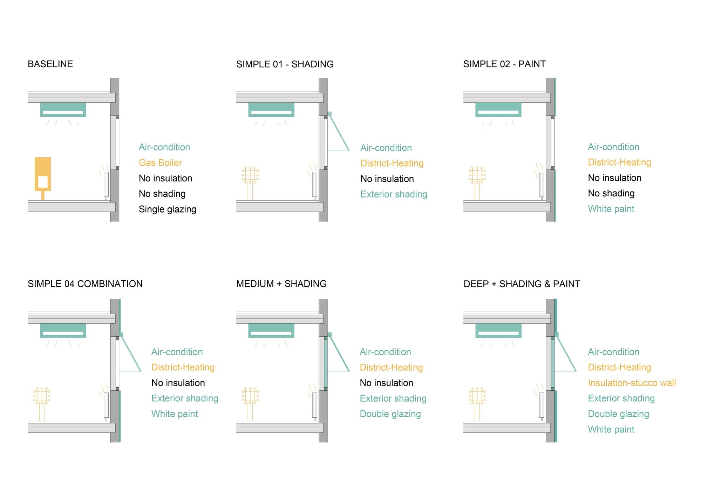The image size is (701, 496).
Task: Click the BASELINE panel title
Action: [x=50, y=64]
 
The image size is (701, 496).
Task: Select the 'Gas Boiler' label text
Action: [x=160, y=163]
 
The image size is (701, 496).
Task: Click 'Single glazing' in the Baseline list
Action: [x=167, y=209]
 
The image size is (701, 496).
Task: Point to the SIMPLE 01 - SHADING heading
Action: [x=285, y=64]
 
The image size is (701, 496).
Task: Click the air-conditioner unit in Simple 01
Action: [x=271, y=109]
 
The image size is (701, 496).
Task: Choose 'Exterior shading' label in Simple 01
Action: [x=394, y=194]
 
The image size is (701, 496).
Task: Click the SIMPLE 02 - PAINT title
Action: [x=504, y=64]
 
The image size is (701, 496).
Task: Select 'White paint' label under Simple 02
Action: [x=611, y=209]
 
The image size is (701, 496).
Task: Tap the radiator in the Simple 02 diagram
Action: [x=542, y=184]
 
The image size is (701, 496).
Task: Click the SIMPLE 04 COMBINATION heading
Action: [x=85, y=284]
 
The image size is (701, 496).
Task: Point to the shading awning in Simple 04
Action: [x=130, y=352]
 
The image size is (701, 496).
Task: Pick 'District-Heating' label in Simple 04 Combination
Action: [x=183, y=367]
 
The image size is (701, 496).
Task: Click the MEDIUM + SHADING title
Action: [x=281, y=284]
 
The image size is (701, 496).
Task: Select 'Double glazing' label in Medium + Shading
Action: [x=390, y=414]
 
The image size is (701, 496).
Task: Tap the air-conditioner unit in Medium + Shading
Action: [x=271, y=330]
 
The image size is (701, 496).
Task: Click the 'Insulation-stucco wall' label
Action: [x=632, y=383]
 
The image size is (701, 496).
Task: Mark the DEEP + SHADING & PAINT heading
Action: [x=522, y=284]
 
